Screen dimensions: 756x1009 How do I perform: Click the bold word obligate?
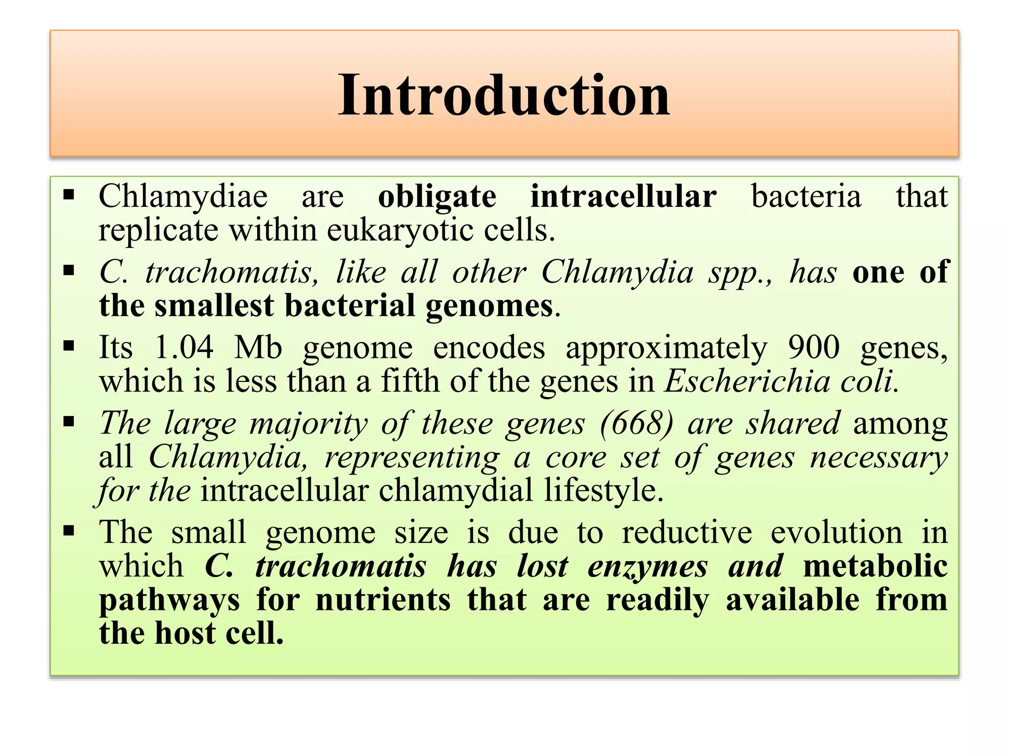pos(437,197)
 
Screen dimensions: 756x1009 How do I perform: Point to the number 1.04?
pos(184,347)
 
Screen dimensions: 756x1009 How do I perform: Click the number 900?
pos(813,347)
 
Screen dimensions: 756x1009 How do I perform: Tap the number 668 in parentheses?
pos(636,423)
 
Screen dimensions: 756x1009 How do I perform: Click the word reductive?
pos(687,533)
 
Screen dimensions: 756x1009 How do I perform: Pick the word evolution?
pos(836,533)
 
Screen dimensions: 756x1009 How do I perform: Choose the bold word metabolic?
pos(875,566)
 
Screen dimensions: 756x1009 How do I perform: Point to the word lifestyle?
pos(604,491)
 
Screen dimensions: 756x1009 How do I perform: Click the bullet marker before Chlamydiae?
pos(69,195)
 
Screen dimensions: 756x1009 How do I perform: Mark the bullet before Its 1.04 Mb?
pos(69,346)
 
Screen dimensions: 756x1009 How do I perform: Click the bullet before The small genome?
pos(69,531)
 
